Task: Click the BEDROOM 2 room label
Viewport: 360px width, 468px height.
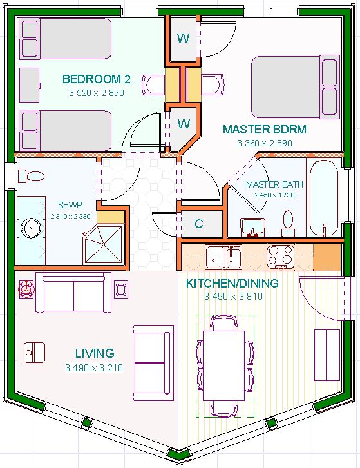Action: pyautogui.click(x=97, y=79)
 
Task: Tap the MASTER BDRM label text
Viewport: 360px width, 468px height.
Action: pyautogui.click(x=265, y=129)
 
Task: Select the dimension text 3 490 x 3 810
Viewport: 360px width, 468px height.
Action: pyautogui.click(x=234, y=297)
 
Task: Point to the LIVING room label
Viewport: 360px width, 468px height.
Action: pyautogui.click(x=95, y=353)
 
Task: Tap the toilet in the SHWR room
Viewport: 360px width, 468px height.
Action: pyautogui.click(x=32, y=177)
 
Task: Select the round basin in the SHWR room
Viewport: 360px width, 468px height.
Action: pyautogui.click(x=31, y=228)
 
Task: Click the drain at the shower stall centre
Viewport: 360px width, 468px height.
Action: pyautogui.click(x=103, y=244)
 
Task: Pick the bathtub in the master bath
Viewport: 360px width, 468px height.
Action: pyautogui.click(x=323, y=198)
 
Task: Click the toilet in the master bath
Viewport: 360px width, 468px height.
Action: pyautogui.click(x=288, y=224)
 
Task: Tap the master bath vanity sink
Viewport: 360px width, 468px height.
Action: pyautogui.click(x=252, y=228)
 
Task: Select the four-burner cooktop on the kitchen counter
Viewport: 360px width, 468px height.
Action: pyautogui.click(x=280, y=257)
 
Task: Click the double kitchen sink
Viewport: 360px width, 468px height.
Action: pyautogui.click(x=223, y=257)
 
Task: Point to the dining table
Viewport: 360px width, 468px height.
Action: pyautogui.click(x=223, y=366)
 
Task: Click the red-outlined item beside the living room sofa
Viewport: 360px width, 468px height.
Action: pyautogui.click(x=26, y=289)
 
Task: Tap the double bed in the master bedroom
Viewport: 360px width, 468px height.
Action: pyautogui.click(x=296, y=87)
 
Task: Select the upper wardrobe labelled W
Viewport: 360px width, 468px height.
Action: pyautogui.click(x=183, y=38)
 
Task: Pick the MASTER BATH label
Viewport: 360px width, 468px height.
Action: pyautogui.click(x=274, y=184)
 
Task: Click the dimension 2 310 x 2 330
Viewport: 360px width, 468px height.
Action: pyautogui.click(x=70, y=217)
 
